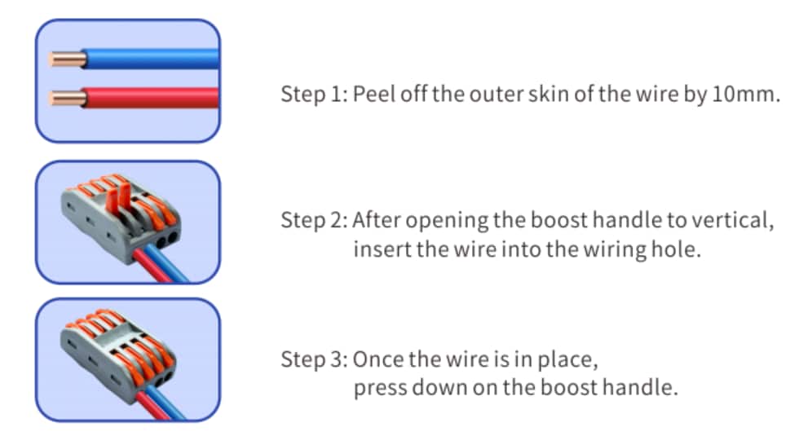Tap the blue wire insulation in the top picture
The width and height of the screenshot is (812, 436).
click(147, 59)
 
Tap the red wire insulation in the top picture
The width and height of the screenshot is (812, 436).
click(147, 99)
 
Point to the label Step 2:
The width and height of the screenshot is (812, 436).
click(315, 221)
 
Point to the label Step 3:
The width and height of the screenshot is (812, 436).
click(315, 359)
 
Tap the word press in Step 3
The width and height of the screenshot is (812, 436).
click(377, 387)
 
